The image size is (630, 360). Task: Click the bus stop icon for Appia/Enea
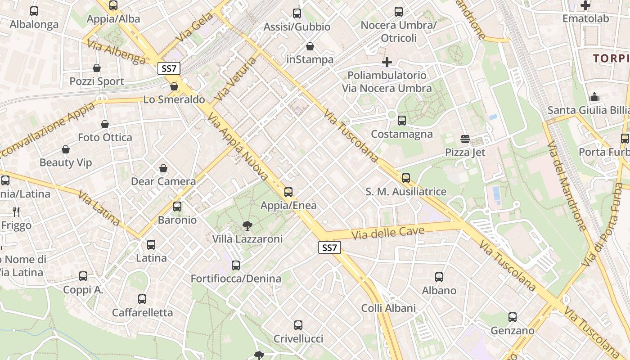(x=288, y=192)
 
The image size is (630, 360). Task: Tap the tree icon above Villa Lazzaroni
(x=247, y=225)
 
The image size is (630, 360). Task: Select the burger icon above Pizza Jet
(x=465, y=139)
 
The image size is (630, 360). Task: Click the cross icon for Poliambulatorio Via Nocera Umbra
(x=387, y=62)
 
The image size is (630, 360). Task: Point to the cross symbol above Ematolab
(x=585, y=5)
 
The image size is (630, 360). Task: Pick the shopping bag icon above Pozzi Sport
(x=97, y=68)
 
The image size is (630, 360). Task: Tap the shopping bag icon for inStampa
(x=310, y=46)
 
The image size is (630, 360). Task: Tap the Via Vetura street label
(x=235, y=79)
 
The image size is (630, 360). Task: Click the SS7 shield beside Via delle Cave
(x=329, y=247)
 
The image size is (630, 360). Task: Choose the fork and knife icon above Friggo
(x=16, y=211)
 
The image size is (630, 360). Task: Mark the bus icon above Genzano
(x=513, y=317)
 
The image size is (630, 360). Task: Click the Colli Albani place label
(x=388, y=308)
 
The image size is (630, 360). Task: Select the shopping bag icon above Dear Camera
(x=163, y=168)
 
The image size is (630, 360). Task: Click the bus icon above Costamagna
(x=402, y=121)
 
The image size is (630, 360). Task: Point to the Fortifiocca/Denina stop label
(x=236, y=279)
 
